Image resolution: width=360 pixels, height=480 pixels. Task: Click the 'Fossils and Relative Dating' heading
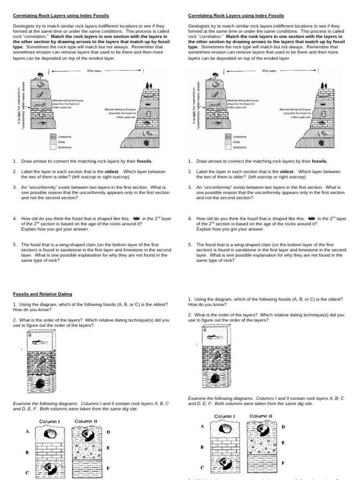click(42, 294)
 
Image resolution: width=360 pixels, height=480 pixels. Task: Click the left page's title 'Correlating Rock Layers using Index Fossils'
click(60, 15)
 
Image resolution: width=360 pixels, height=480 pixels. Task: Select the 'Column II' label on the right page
click(261, 416)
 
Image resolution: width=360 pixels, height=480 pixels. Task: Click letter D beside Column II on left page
click(108, 432)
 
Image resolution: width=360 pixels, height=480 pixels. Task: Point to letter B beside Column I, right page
click(202, 447)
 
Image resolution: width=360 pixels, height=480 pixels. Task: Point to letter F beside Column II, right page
click(283, 463)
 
